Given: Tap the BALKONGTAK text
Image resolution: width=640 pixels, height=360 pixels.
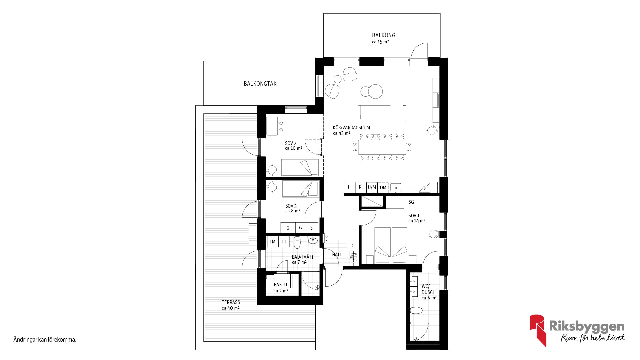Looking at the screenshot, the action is pyautogui.click(x=260, y=84).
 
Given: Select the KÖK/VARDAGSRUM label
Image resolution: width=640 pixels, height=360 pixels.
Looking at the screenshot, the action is pyautogui.click(x=351, y=128).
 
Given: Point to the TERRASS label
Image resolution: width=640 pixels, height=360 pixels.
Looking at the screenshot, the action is pyautogui.click(x=231, y=302).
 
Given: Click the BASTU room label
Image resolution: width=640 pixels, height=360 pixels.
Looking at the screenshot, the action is pyautogui.click(x=280, y=285).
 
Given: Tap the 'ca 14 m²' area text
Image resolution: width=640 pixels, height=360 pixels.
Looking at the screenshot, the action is pyautogui.click(x=417, y=221).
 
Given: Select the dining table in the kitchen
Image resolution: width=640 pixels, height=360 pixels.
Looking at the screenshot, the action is pyautogui.click(x=382, y=147).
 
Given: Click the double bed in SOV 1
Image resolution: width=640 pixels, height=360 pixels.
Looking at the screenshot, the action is pyautogui.click(x=391, y=245).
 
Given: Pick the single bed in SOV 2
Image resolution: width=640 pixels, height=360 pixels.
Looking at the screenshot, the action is pyautogui.click(x=300, y=168).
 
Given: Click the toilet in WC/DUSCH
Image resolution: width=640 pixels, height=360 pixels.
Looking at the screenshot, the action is pyautogui.click(x=416, y=311).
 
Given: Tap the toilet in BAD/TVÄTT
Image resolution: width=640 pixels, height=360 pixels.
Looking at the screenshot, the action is pyautogui.click(x=297, y=242).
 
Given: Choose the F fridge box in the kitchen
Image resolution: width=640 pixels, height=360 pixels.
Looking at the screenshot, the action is pyautogui.click(x=349, y=187).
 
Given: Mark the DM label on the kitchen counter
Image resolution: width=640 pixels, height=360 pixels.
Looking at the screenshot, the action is pyautogui.click(x=383, y=188).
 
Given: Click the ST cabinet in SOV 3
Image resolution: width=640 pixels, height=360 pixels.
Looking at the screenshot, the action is pyautogui.click(x=313, y=228).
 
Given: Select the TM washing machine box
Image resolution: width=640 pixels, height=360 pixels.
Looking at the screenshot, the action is pyautogui.click(x=273, y=242).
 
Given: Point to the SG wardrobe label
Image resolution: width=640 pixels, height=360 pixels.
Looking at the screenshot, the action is pyautogui.click(x=411, y=202).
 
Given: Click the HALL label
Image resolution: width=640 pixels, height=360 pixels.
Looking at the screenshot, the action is pyautogui.click(x=337, y=255).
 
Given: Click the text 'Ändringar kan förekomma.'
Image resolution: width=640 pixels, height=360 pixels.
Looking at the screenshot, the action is pyautogui.click(x=45, y=340).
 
